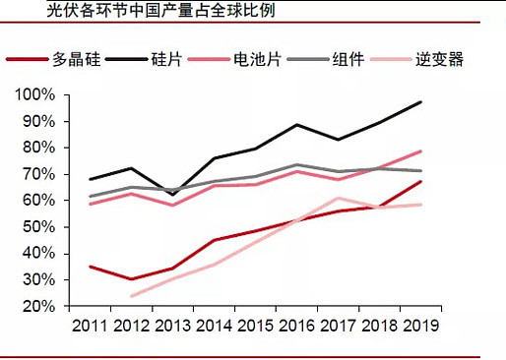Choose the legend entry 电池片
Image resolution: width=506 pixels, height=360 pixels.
click(262, 59)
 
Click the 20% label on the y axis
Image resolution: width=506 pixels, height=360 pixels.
click(37, 306)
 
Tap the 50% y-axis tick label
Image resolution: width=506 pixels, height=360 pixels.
click(37, 227)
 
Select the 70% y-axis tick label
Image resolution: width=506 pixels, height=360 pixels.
click(37, 174)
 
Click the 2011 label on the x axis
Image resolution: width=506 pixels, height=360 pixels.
click(90, 325)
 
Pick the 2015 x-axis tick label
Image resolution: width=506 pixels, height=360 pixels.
click(255, 325)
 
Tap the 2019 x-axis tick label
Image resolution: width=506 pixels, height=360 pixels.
click(420, 325)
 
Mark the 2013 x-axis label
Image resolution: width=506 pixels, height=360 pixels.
click(172, 325)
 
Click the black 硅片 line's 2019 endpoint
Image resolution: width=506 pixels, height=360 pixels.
click(421, 102)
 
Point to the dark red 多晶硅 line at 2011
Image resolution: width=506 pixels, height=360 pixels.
click(90, 267)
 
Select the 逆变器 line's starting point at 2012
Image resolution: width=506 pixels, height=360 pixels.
click(131, 296)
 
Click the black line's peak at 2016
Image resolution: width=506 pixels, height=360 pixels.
click(297, 125)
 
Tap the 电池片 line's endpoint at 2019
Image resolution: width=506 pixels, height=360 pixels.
click(421, 151)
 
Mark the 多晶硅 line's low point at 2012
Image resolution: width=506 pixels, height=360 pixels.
click(131, 279)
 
